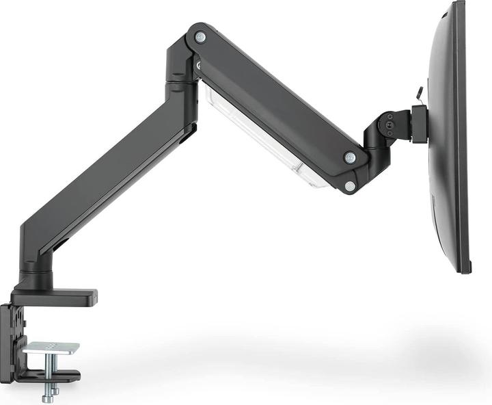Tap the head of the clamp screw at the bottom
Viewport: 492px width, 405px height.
pyautogui.click(x=49, y=398)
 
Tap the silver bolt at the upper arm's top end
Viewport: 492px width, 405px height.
pyautogui.click(x=200, y=37)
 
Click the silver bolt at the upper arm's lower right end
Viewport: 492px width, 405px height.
pyautogui.click(x=350, y=157)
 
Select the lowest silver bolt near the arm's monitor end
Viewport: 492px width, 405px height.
pyautogui.click(x=350, y=185)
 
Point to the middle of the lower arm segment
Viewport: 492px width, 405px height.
pyautogui.click(x=109, y=178)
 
